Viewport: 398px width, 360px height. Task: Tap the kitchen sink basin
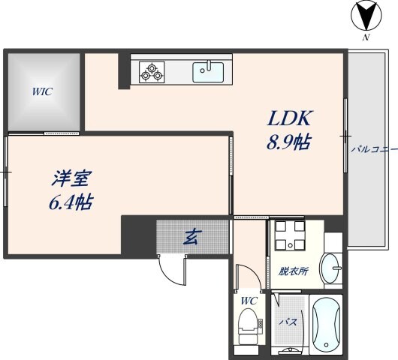208,72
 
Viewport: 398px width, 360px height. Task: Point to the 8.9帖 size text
289,142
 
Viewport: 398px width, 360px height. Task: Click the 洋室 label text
71,179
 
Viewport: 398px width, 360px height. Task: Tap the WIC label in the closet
41,93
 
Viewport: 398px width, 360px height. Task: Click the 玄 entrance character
191,238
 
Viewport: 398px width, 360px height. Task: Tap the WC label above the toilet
249,301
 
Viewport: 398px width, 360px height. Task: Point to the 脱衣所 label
294,271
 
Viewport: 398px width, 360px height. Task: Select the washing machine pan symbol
288,235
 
